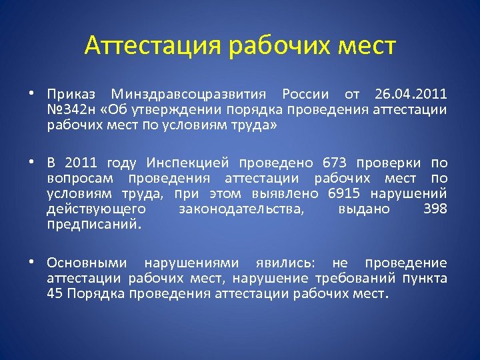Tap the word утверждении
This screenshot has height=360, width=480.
(x=166, y=109)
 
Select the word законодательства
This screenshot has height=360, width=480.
(x=241, y=209)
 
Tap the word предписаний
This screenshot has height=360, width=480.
(x=94, y=225)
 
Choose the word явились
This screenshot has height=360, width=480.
(x=289, y=263)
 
